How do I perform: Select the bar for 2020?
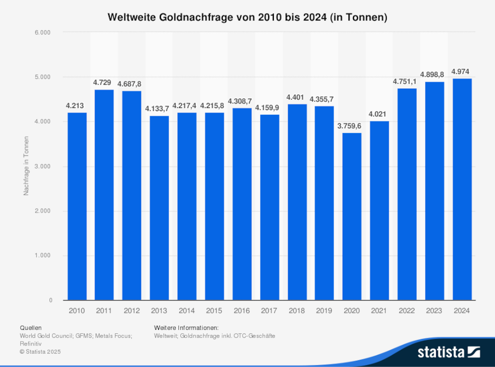(352, 217)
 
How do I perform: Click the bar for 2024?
(462, 190)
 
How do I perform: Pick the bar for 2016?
(242, 204)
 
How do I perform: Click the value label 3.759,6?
(352, 125)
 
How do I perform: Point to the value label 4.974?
(462, 71)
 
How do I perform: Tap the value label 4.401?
(297, 97)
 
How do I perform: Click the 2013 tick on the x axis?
(159, 310)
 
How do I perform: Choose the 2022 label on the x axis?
(407, 310)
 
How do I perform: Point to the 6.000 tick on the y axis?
(43, 33)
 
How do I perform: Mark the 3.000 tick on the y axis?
(43, 167)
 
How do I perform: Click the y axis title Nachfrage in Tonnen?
(26, 166)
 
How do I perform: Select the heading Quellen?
(31, 327)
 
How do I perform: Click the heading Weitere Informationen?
(186, 327)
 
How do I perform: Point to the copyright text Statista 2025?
(40, 352)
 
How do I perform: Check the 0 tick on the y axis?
(51, 301)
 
